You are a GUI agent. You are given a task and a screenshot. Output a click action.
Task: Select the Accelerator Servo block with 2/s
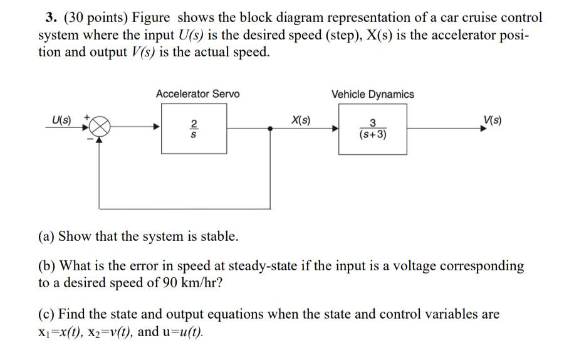[194, 129]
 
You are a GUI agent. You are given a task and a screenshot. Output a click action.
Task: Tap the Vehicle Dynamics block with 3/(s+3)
[372, 129]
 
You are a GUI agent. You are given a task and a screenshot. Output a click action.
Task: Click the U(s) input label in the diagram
[61, 119]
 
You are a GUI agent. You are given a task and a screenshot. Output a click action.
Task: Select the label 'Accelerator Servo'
[197, 94]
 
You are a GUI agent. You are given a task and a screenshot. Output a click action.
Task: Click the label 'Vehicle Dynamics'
[372, 94]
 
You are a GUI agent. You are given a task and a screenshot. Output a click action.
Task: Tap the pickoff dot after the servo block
[270, 128]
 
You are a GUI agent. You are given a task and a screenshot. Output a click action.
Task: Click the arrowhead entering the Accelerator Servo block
[157, 128]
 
